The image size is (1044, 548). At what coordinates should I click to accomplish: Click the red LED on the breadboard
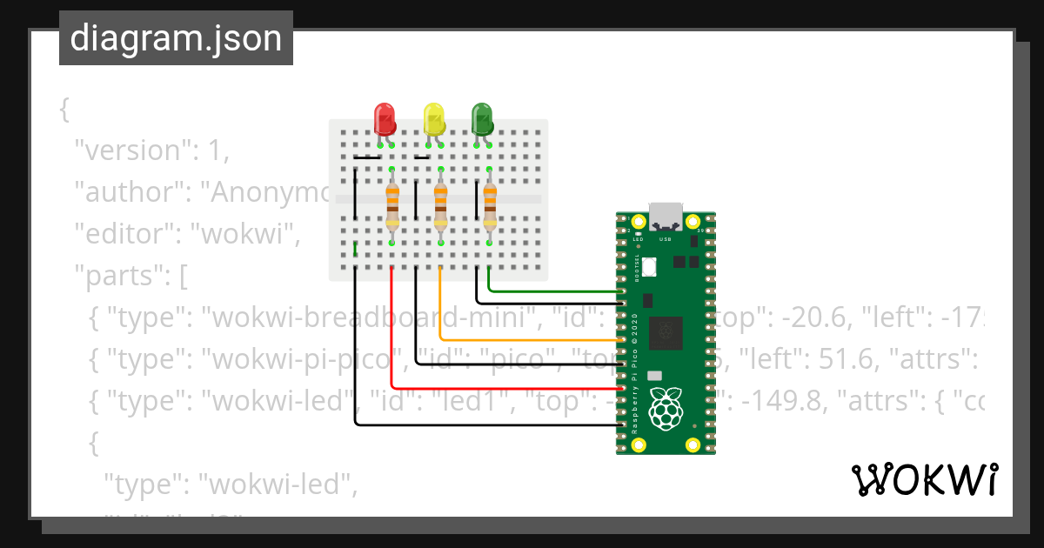[x=384, y=118]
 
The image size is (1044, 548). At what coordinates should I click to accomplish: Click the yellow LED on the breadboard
[x=433, y=118]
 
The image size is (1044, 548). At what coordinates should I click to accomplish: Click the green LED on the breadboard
[x=481, y=118]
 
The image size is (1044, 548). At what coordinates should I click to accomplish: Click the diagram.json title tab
[x=176, y=38]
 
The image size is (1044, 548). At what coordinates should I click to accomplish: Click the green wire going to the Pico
[x=557, y=290]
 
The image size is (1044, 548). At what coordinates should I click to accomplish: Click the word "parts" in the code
[x=118, y=276]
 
